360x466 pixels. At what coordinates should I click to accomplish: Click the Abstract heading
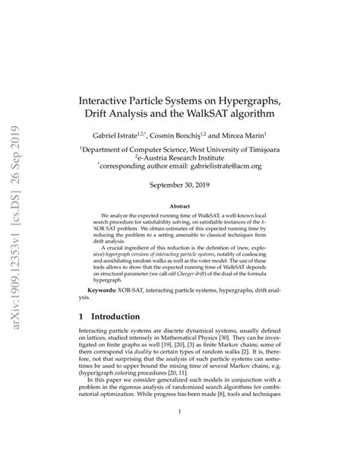(x=180, y=205)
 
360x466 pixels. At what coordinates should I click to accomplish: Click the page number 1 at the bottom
(x=180, y=434)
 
